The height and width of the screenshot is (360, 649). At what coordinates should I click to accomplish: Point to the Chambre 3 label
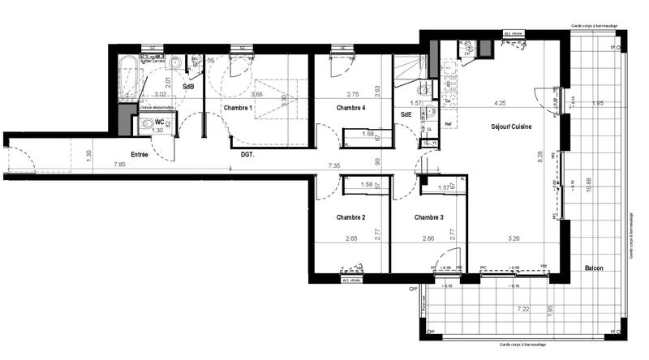coord(429,217)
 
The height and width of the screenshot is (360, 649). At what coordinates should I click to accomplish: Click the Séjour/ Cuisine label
coord(512,127)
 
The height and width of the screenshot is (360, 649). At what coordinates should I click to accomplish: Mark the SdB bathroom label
coord(187,87)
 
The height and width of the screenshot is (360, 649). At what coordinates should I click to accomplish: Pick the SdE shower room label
coord(406,115)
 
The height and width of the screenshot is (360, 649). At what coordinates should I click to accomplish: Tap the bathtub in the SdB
coord(128,78)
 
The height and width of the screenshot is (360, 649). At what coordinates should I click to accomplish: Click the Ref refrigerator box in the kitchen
coord(427,126)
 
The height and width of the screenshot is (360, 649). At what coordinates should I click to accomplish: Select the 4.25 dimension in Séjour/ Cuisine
coord(501,103)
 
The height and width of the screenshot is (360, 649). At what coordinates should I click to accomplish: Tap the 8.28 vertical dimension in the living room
coord(539,158)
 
